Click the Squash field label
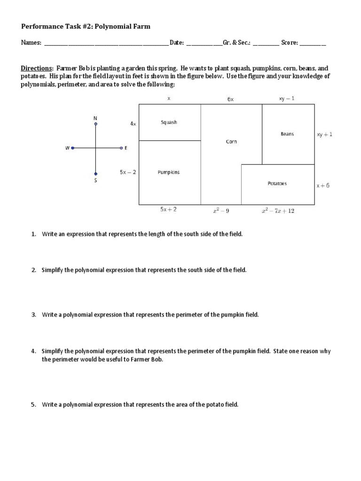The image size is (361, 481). click(x=169, y=123)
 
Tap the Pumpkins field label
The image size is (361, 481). click(x=168, y=172)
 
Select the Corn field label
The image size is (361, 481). click(x=231, y=141)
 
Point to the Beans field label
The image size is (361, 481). click(x=287, y=134)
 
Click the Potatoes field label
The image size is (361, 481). click(x=277, y=184)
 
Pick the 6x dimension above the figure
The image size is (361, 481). click(x=230, y=99)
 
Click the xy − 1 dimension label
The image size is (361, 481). click(x=287, y=99)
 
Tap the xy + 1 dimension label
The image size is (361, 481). click(x=324, y=134)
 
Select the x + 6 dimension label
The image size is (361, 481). click(x=323, y=186)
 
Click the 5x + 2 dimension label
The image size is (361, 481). click(x=168, y=209)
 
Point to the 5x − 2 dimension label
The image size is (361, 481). click(x=128, y=172)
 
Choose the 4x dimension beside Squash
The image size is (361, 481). click(x=133, y=124)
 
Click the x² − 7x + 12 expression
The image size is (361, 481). click(x=278, y=211)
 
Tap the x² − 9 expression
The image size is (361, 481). click(x=221, y=211)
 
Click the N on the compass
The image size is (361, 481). click(x=95, y=117)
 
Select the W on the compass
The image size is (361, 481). click(x=67, y=148)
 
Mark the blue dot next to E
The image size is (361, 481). click(x=121, y=148)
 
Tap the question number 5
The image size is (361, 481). click(x=34, y=404)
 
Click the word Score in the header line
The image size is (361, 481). click(x=289, y=43)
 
